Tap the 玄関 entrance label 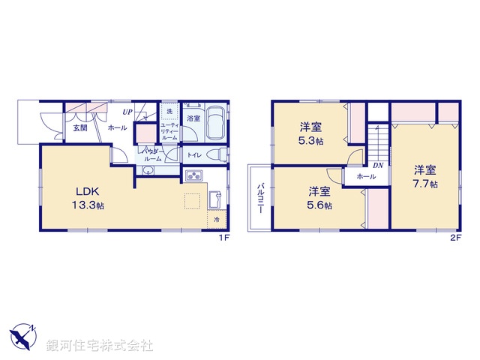[79, 127]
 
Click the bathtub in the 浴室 [215, 122]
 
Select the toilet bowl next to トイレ [218, 155]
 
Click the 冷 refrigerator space [216, 220]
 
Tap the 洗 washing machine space [169, 112]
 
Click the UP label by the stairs [128, 112]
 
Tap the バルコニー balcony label [259, 199]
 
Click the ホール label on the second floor [366, 176]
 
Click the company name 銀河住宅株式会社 [100, 346]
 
